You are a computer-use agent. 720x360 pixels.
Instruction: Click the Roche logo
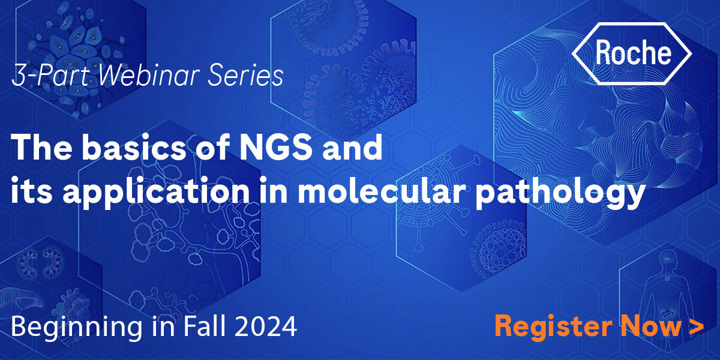tap(632, 53)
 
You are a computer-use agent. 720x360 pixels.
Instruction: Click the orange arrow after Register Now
tap(697, 326)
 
